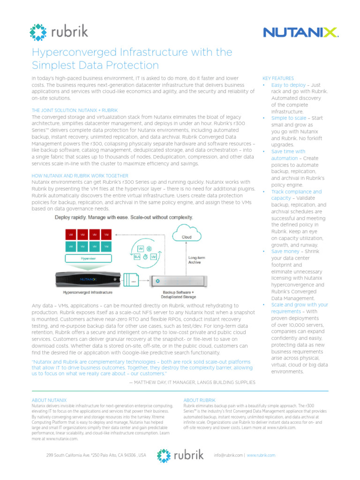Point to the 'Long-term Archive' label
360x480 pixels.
(x=195, y=260)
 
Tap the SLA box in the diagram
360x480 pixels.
(x=137, y=257)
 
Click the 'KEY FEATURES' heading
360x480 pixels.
(x=278, y=78)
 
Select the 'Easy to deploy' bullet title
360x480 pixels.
(x=288, y=85)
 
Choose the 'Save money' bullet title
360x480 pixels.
(x=285, y=251)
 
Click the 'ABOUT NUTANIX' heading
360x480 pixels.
(x=49, y=400)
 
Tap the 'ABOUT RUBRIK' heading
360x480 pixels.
(x=199, y=400)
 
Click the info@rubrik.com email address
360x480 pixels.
(x=228, y=455)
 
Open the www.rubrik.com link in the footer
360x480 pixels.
(x=261, y=455)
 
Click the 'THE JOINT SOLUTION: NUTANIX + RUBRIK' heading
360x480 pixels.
(x=74, y=110)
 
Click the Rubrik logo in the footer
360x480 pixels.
(x=180, y=456)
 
